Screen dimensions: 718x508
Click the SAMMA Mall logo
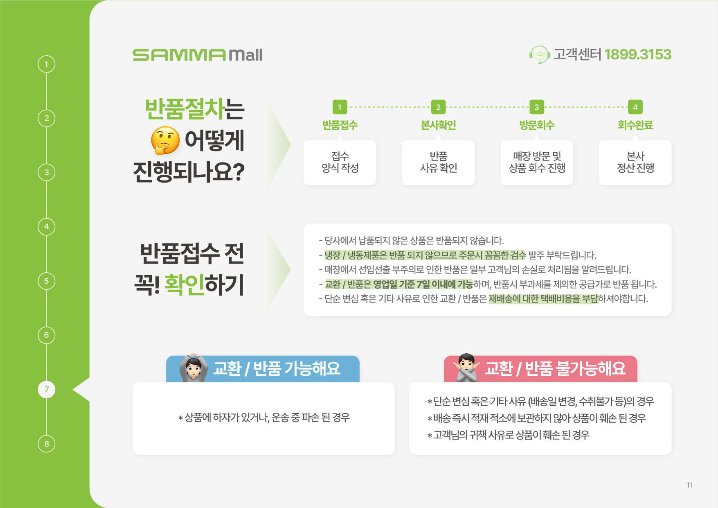[197, 55]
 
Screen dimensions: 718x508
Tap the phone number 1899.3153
[637, 54]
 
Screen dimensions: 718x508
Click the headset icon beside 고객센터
[539, 54]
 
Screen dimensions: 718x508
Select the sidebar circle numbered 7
[47, 389]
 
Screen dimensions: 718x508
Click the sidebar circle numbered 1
[47, 64]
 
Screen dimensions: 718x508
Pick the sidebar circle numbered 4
[47, 227]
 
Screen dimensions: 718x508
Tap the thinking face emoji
[165, 140]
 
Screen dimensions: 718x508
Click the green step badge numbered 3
[537, 107]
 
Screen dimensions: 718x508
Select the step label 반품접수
[340, 125]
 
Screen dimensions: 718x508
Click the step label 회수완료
[635, 125]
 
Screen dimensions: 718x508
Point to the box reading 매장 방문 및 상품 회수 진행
[537, 163]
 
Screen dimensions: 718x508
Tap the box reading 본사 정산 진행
[635, 163]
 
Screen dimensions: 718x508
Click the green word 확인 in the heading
[184, 284]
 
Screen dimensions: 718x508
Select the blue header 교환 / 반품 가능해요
[263, 369]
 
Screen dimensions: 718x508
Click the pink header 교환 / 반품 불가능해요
[540, 369]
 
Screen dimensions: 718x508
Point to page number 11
[689, 485]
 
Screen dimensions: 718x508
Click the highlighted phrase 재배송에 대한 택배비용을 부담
[543, 299]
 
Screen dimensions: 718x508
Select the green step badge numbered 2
[438, 107]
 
